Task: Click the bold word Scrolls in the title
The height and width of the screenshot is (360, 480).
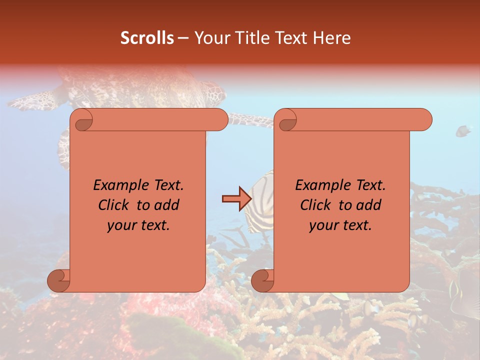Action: pyautogui.click(x=147, y=38)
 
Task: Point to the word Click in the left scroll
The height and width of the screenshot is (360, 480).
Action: pyautogui.click(x=114, y=205)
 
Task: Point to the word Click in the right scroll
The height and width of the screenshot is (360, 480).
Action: pyautogui.click(x=316, y=205)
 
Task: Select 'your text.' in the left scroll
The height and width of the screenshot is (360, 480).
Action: pyautogui.click(x=138, y=225)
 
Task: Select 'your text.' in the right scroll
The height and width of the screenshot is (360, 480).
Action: pyautogui.click(x=340, y=225)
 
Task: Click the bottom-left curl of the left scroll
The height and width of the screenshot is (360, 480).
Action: pyautogui.click(x=58, y=280)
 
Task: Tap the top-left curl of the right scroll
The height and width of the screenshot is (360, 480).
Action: pyautogui.click(x=286, y=120)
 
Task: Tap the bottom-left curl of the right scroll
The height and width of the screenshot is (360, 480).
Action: pyautogui.click(x=262, y=280)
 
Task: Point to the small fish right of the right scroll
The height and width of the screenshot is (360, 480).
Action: pyautogui.click(x=463, y=131)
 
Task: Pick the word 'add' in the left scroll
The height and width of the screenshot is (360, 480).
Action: pyautogui.click(x=166, y=205)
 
